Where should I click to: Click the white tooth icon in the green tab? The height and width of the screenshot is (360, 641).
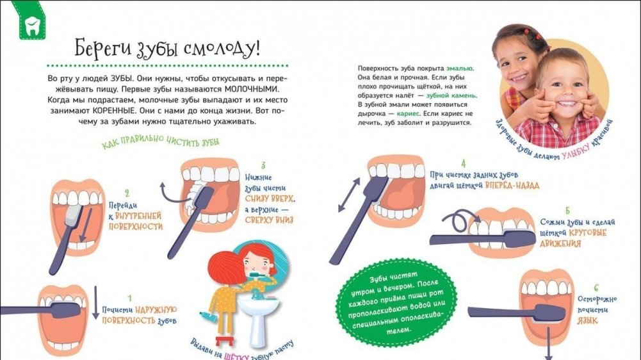31,26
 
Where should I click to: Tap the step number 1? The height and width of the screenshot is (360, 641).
130,299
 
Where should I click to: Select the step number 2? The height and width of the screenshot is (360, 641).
127,193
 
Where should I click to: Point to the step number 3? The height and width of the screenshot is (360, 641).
263,165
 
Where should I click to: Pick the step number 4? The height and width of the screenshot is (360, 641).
463,163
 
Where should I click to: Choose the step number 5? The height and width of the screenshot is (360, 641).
567,211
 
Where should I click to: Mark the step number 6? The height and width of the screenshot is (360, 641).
596,288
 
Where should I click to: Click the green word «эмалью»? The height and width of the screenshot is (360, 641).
460,69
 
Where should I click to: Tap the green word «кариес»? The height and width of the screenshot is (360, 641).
408,114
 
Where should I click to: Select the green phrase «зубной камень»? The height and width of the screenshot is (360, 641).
451,95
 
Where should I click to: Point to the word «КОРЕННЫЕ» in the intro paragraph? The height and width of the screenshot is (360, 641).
114,110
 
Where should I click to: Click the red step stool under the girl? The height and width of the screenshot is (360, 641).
223,340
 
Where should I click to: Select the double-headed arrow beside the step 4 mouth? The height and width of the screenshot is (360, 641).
349,195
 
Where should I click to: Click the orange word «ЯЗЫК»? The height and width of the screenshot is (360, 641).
587,320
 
